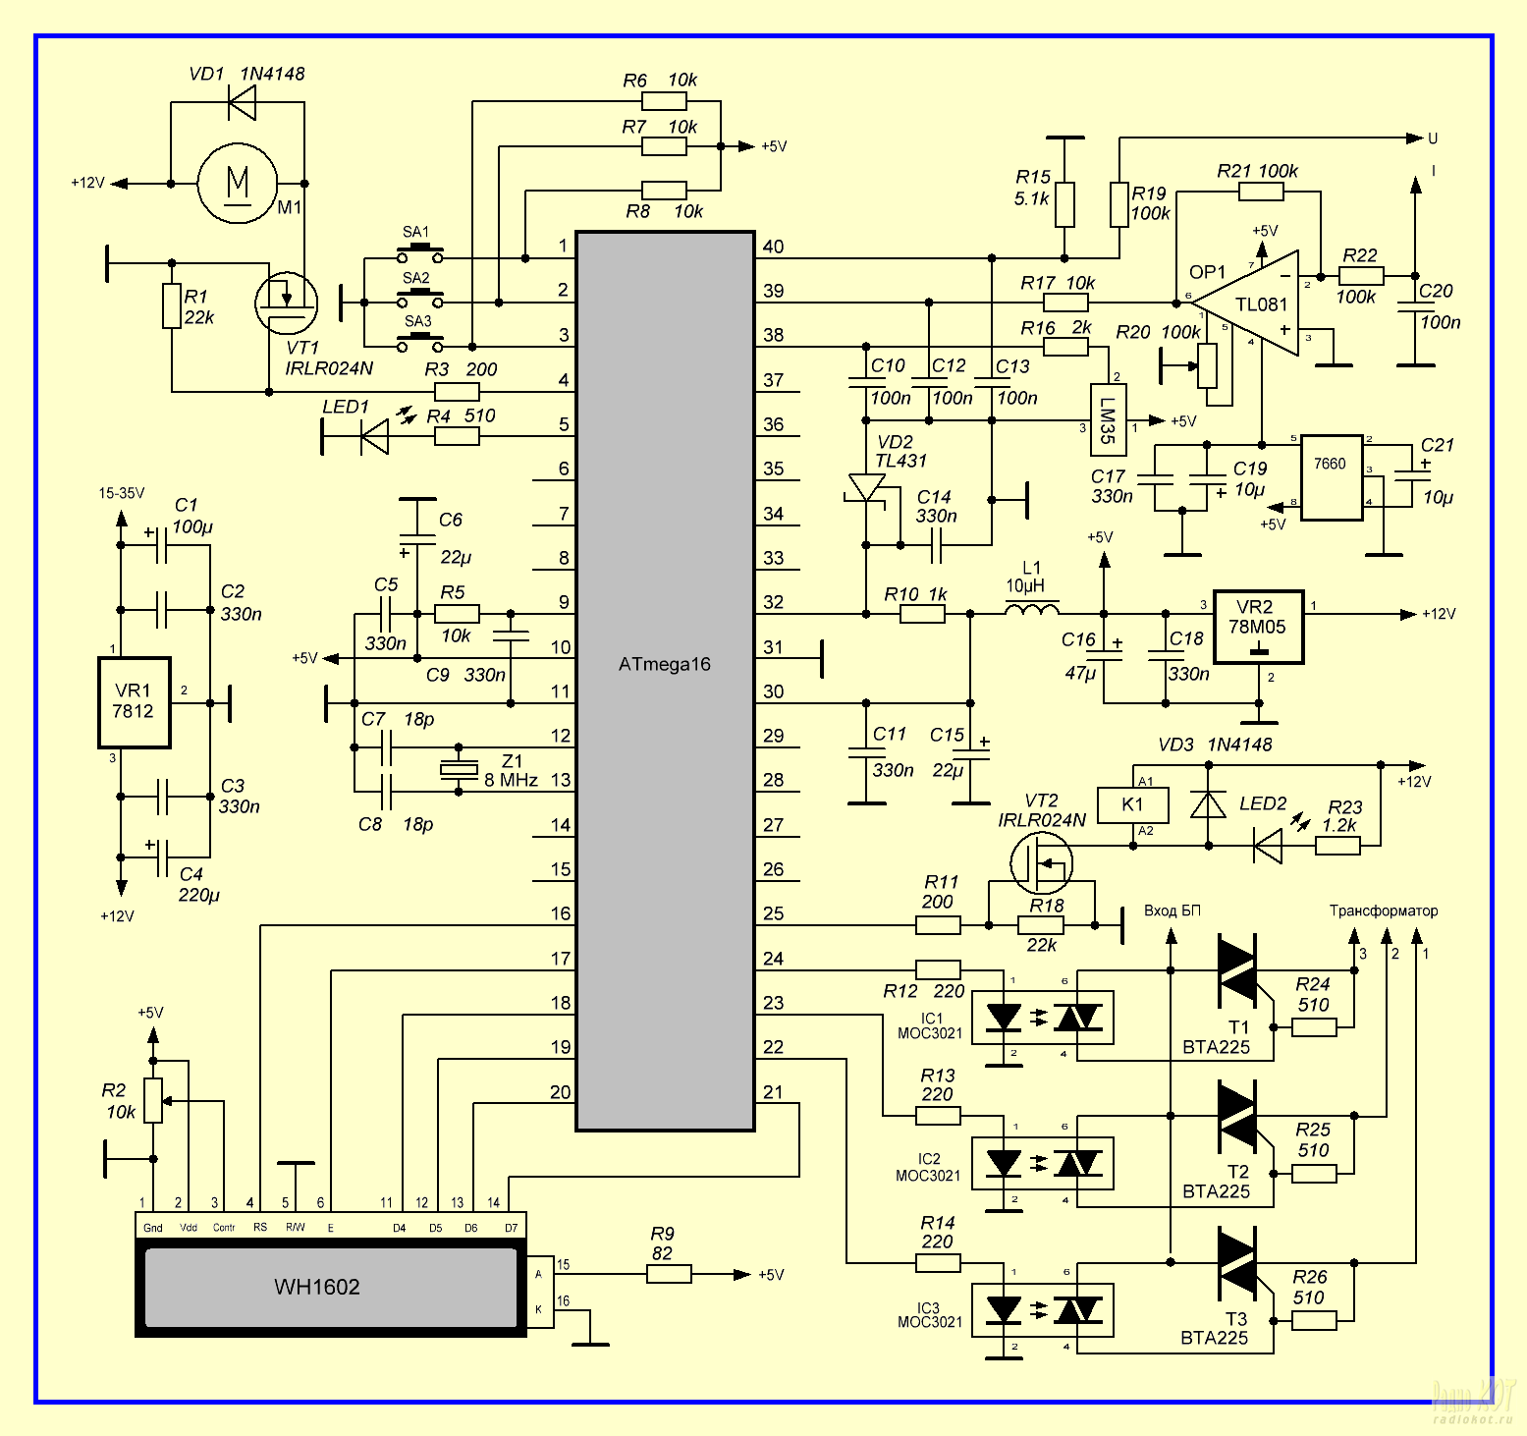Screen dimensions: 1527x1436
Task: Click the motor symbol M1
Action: tap(238, 184)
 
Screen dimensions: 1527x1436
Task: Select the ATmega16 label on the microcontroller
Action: tap(665, 664)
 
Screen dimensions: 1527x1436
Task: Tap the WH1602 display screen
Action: tap(331, 1286)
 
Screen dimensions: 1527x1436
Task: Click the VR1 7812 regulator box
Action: tap(134, 702)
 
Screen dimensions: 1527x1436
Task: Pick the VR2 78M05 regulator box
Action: tap(1258, 628)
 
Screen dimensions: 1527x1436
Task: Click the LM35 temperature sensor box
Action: tap(1108, 419)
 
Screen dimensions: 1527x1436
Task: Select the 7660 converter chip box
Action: tap(1331, 476)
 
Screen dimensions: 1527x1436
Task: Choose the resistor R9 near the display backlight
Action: tap(669, 1274)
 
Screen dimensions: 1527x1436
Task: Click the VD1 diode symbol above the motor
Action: tap(242, 101)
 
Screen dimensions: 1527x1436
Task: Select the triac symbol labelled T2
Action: tap(1236, 1117)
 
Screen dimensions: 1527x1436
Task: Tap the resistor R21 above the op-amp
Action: tap(1261, 192)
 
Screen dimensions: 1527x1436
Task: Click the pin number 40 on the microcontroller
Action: tap(773, 247)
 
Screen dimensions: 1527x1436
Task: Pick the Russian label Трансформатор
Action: tap(1383, 911)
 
